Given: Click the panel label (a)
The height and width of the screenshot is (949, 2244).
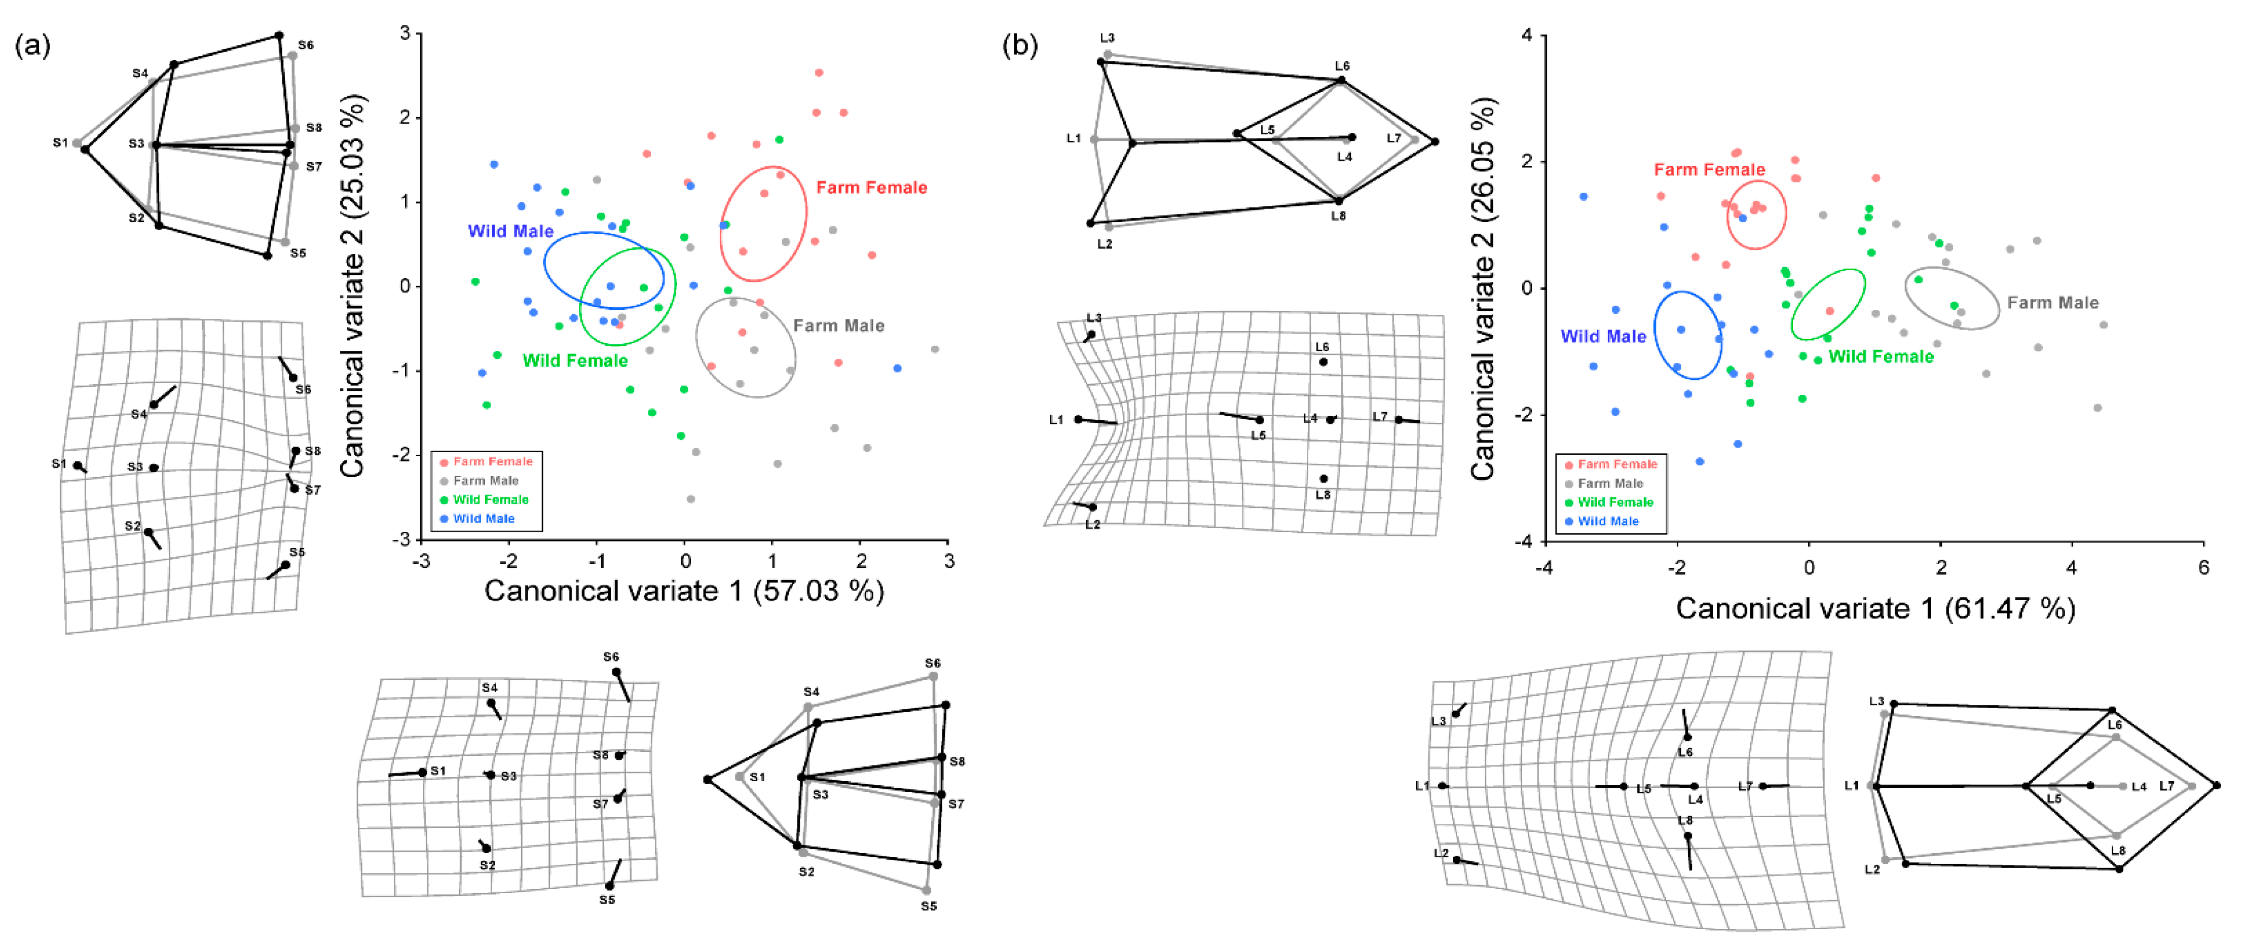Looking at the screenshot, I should click(x=33, y=45).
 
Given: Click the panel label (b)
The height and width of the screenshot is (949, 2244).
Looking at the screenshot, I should click(x=1019, y=45).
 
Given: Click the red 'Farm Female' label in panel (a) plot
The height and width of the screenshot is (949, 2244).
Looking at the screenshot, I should click(x=871, y=188).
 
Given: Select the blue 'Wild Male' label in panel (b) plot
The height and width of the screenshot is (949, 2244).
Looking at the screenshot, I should click(x=1603, y=337).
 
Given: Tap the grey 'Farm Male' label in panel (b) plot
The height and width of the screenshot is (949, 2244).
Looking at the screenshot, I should click(x=2052, y=302).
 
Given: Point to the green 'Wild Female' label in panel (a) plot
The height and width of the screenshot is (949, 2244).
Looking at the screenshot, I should click(x=575, y=361).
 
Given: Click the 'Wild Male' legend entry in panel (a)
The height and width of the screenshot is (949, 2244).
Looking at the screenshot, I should click(x=484, y=519).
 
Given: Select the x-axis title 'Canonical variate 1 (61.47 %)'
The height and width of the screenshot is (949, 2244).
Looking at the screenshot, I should click(x=1874, y=608).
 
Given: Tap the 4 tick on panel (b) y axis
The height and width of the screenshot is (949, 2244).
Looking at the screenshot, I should click(x=1526, y=35).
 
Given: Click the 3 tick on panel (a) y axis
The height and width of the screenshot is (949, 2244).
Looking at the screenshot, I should click(x=405, y=33).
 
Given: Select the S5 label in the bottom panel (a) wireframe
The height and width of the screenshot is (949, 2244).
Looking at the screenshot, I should click(x=929, y=906).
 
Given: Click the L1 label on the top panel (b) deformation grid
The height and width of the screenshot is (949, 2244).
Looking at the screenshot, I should click(x=1056, y=420).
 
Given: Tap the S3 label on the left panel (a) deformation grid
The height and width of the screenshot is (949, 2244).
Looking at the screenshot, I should click(x=135, y=467).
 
